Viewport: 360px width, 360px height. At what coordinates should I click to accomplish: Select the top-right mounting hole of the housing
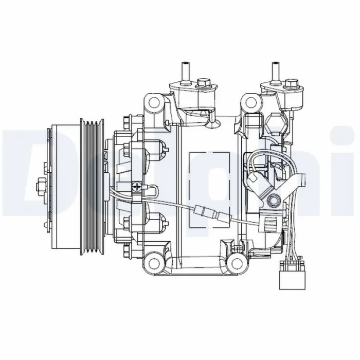[x=250, y=101]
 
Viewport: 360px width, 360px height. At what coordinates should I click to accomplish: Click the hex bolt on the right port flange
[x=292, y=83]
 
